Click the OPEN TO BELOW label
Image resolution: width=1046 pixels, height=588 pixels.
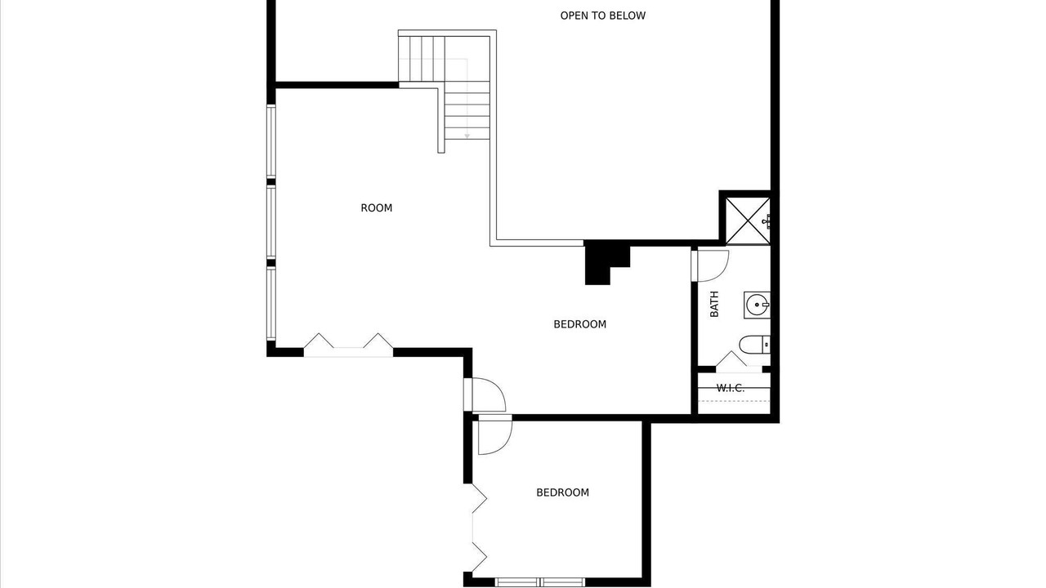pos(603,16)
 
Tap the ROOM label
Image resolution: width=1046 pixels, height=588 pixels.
pos(377,208)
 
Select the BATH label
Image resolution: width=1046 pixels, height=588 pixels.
pos(714,305)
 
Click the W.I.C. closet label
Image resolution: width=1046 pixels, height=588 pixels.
pos(731,388)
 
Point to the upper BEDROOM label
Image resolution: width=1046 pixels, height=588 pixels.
pos(580,324)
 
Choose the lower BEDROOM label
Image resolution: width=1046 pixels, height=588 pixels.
pos(563,492)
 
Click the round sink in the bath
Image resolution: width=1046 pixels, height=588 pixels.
pos(757,305)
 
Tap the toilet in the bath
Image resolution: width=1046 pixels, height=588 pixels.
pos(754,345)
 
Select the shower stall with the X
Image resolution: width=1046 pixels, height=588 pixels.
pos(748,220)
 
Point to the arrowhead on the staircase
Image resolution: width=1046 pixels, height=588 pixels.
pos(467,136)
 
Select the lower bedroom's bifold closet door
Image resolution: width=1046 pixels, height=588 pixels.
pos(480,528)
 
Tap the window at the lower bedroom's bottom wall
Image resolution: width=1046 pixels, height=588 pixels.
pos(540,582)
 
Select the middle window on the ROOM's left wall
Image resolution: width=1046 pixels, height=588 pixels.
pos(270,221)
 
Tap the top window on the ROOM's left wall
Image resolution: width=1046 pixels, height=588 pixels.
pos(270,141)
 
